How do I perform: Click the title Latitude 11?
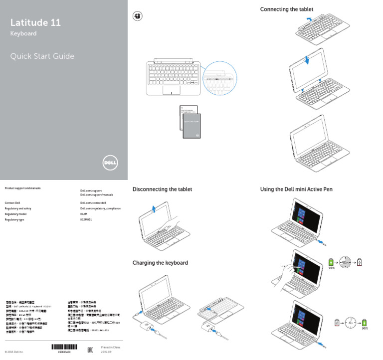(36, 23)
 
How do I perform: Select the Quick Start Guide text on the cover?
(42, 56)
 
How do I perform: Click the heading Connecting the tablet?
(287, 9)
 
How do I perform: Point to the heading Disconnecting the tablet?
(162, 189)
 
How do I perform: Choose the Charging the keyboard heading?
(160, 263)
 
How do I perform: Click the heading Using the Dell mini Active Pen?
(296, 189)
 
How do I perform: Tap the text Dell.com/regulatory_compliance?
(100, 208)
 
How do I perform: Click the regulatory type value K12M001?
(86, 219)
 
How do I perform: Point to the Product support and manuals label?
(22, 188)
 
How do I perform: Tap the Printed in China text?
(110, 347)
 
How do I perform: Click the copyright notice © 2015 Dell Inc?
(14, 352)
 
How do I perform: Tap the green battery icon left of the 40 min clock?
(330, 262)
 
